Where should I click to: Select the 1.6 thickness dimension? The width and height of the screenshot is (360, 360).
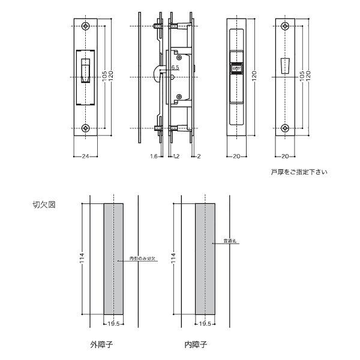[154, 157]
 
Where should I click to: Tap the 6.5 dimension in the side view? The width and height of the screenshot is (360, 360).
[175, 68]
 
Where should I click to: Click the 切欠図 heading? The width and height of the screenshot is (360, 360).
[44, 205]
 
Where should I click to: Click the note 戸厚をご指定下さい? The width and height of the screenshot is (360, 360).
[299, 173]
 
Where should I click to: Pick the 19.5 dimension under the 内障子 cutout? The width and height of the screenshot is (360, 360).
[205, 324]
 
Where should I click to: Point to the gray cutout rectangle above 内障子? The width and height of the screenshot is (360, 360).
[205, 258]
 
